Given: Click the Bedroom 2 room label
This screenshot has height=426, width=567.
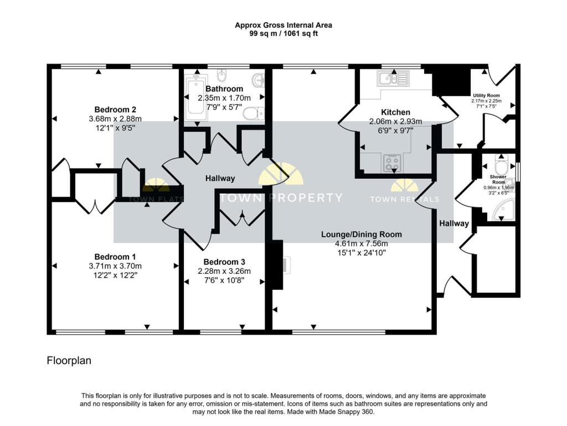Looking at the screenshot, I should (x=115, y=109).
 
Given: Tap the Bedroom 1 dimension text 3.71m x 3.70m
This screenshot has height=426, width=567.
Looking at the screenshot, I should (x=115, y=266).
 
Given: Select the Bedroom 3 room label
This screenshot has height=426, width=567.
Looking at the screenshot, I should (x=224, y=262).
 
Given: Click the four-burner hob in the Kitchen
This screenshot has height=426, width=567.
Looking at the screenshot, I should (x=393, y=163).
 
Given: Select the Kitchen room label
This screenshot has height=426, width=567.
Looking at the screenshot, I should (x=395, y=112).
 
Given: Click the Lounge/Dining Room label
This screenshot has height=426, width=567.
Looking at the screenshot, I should (x=362, y=234).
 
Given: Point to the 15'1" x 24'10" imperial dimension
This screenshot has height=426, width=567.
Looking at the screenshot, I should (x=362, y=252).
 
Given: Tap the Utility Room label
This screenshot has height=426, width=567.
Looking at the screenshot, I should (x=486, y=95).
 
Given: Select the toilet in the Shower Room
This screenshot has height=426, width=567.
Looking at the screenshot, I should (x=502, y=166).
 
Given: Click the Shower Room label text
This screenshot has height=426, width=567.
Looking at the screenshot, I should (x=498, y=180).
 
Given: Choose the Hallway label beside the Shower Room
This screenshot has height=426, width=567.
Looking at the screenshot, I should (x=454, y=224).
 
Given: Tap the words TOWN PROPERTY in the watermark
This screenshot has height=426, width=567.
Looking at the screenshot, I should (x=281, y=198).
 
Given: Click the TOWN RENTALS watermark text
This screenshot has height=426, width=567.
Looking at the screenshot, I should (x=404, y=199).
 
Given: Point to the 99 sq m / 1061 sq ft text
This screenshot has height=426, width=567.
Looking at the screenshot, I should (x=283, y=34).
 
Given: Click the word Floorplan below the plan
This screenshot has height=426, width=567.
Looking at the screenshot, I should (x=69, y=361).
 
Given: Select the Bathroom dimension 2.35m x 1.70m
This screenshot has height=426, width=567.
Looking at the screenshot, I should (x=224, y=98).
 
